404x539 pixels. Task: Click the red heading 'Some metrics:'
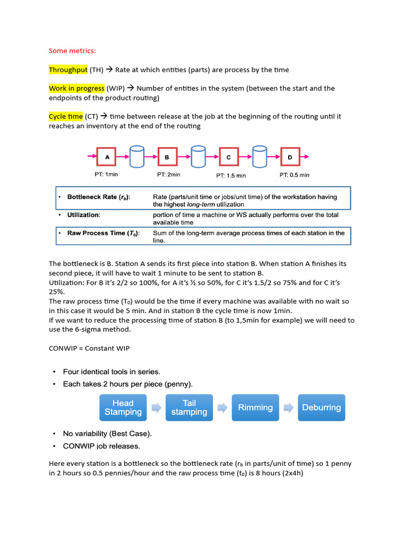click(73, 51)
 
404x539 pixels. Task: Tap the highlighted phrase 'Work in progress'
click(77, 88)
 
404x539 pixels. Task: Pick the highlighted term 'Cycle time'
click(66, 116)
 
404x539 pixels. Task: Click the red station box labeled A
click(107, 157)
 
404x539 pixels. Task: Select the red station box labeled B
click(167, 157)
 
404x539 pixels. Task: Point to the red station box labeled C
click(228, 157)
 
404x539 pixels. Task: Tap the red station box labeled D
click(290, 157)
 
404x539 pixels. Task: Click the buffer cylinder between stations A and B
click(137, 156)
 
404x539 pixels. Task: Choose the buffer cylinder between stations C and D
click(259, 156)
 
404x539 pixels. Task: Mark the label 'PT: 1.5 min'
click(231, 175)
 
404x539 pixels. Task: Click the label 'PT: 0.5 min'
click(294, 175)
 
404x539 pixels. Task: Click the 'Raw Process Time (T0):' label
click(103, 233)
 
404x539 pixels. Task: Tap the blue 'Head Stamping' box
click(123, 407)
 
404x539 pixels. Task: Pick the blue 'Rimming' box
click(256, 407)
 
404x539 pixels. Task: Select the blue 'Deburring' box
click(321, 407)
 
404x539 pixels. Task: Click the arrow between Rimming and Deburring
click(288, 407)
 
